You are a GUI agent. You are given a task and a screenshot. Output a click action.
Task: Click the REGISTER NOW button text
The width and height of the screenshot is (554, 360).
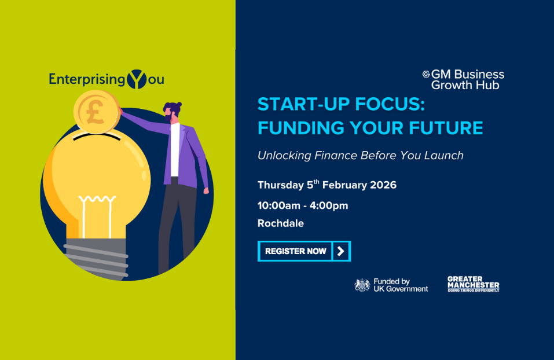pyautogui.click(x=295, y=251)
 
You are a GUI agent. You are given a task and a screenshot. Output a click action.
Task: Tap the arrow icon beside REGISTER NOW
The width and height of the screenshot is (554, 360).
pyautogui.click(x=341, y=251)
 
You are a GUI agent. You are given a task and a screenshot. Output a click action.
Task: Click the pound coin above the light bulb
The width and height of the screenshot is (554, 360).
pyautogui.click(x=96, y=112)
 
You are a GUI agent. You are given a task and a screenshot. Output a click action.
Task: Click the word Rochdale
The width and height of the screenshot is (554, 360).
pyautogui.click(x=280, y=223)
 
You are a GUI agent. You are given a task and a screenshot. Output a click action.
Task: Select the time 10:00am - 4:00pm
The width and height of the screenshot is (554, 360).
pyautogui.click(x=303, y=205)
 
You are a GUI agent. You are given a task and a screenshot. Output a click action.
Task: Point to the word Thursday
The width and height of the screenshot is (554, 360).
pyautogui.click(x=281, y=185)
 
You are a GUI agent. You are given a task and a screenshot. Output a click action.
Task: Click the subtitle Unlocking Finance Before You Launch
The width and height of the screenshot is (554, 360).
pyautogui.click(x=360, y=155)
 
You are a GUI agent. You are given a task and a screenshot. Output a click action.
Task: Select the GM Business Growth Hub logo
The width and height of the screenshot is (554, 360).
pyautogui.click(x=464, y=79)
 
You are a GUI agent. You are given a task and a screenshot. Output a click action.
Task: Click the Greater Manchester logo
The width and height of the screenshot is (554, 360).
pyautogui.click(x=473, y=284)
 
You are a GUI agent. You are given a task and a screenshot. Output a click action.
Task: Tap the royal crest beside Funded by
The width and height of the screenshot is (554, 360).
pyautogui.click(x=362, y=284)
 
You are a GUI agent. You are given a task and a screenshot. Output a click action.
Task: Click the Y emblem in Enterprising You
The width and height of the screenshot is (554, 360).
pyautogui.click(x=136, y=79)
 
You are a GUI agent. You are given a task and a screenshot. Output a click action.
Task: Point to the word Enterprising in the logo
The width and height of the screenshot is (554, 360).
pyautogui.click(x=87, y=79)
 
